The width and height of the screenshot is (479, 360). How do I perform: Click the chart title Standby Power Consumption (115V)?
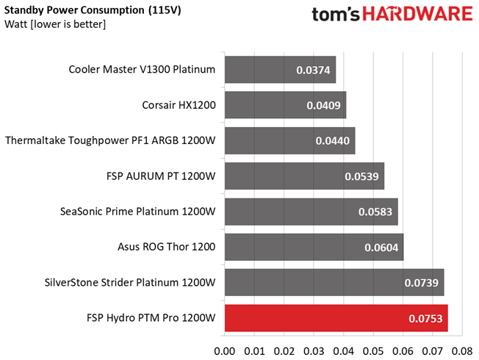93,10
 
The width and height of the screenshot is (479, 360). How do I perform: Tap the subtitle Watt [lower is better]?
55,24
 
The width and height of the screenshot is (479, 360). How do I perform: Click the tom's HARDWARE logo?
392,14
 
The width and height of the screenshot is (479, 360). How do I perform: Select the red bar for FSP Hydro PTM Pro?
336,318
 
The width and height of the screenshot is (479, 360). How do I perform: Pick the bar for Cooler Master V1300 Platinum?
281,70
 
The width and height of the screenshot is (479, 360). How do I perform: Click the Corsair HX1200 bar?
285,105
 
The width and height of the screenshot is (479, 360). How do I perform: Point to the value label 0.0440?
332,141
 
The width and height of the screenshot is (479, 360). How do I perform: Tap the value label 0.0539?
361,176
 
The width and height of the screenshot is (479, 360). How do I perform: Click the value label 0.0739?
421,283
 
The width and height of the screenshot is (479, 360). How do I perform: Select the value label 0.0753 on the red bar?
425,318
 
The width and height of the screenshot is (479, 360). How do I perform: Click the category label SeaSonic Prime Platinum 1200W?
138,212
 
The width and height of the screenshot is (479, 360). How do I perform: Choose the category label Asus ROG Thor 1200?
167,247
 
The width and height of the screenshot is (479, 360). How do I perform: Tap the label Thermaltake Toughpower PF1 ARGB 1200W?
110,140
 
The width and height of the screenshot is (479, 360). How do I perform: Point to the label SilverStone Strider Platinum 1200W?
130,282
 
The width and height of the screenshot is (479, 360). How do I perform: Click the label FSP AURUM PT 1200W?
161,176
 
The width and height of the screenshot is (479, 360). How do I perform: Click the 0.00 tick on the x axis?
225,351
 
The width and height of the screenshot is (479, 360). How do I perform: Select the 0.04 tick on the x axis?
343,351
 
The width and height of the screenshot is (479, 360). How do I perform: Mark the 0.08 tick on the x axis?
462,351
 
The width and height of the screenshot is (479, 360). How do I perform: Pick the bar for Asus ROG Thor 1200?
314,248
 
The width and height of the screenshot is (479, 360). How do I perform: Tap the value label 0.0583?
375,212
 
